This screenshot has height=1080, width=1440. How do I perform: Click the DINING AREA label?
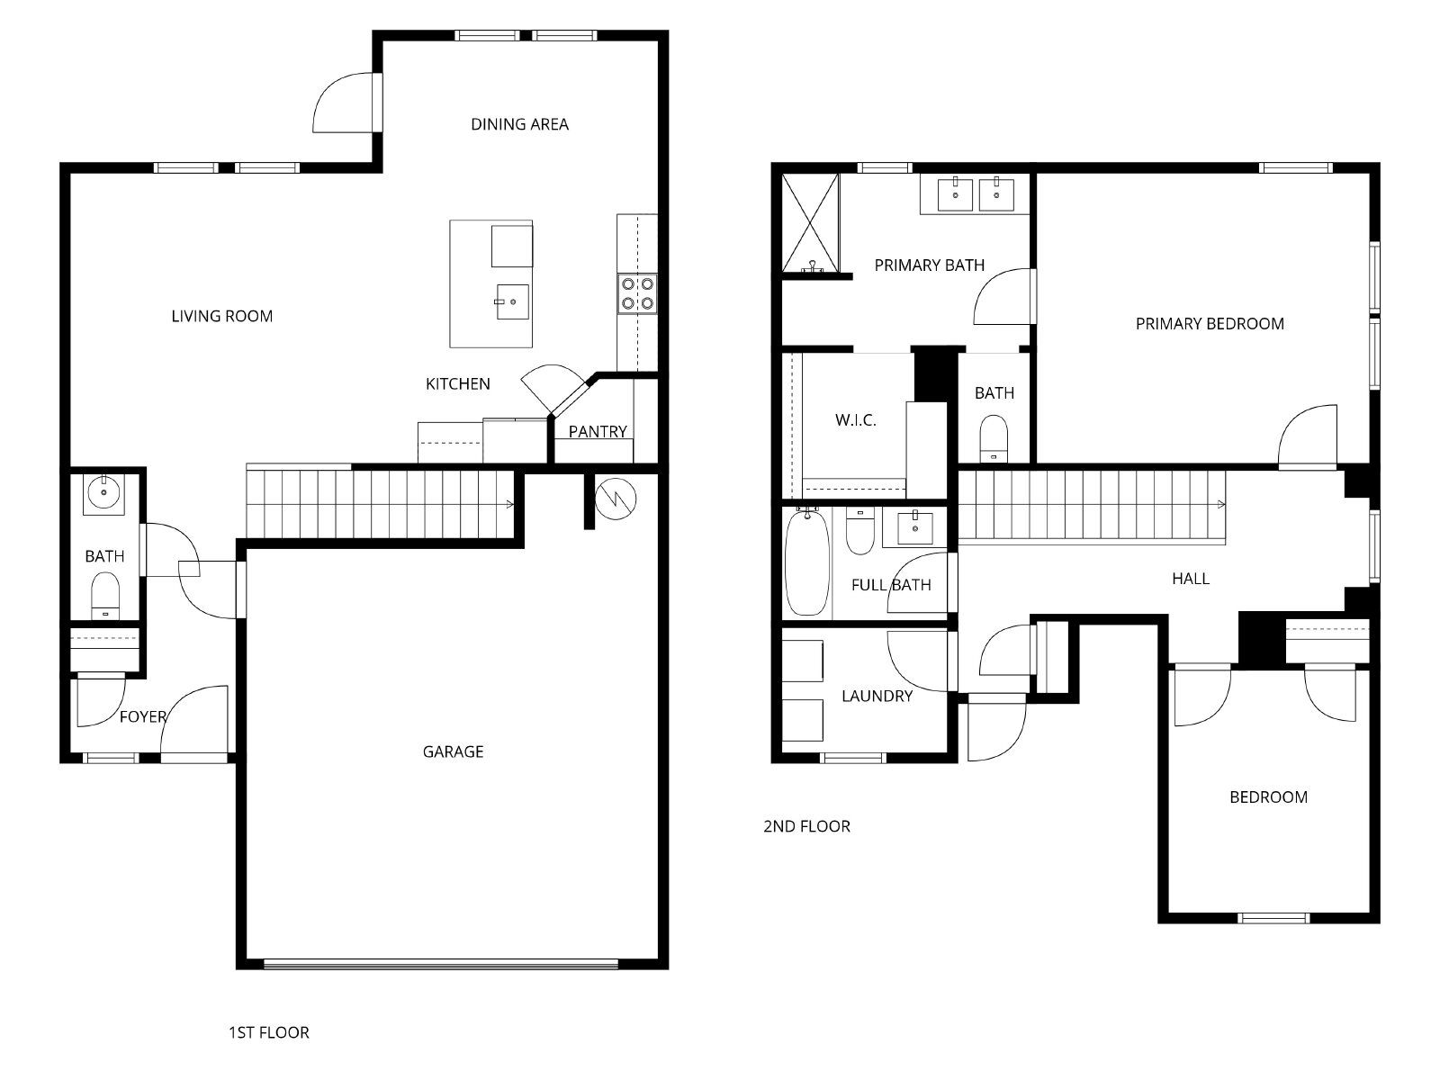519,124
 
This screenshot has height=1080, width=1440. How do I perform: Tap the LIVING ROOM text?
221,316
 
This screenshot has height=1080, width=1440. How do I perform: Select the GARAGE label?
453,751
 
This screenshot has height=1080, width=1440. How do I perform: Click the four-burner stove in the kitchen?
637,293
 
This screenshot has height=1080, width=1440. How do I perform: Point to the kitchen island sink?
512,301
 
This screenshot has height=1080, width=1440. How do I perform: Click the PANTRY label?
598,431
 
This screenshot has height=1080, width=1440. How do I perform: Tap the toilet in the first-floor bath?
105,596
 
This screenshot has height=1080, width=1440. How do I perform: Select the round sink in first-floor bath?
103,494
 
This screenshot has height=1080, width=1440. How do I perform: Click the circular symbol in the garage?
616,499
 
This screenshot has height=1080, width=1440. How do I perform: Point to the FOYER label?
143,716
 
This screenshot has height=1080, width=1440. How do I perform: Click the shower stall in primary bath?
810,222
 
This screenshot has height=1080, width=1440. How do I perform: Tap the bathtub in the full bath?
807,562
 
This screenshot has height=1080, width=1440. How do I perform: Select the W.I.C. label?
856,420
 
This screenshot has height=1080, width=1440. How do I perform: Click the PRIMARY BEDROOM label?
1210,323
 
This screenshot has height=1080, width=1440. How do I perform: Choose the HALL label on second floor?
1191,579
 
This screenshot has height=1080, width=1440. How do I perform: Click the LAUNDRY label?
877,696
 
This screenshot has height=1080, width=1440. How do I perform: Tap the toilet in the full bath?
860,530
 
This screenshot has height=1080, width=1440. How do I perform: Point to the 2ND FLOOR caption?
807,826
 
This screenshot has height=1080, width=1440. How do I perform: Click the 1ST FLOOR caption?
269,1033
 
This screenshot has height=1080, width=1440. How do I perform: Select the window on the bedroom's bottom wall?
1273,918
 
